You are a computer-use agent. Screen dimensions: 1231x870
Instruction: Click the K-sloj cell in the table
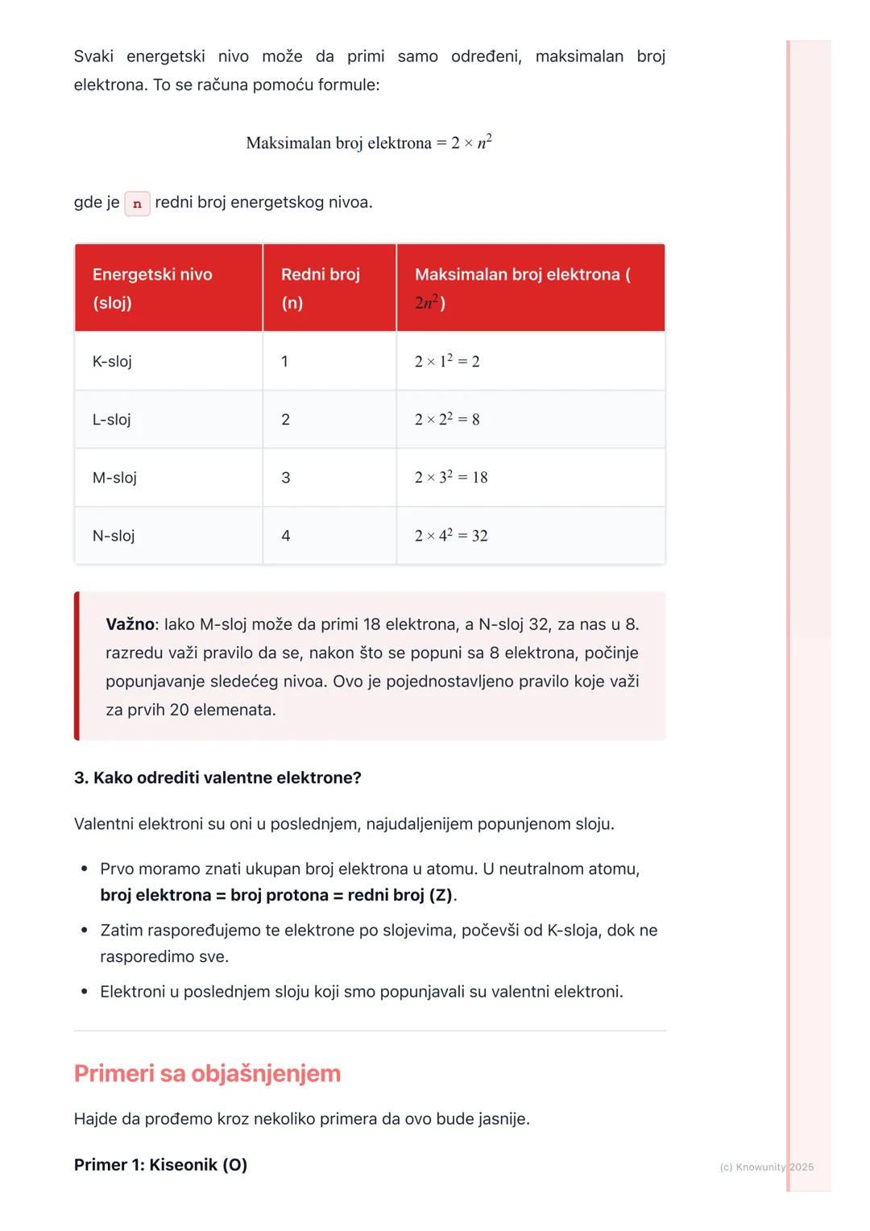tap(112, 362)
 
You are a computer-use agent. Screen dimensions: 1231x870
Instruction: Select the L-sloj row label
tap(111, 420)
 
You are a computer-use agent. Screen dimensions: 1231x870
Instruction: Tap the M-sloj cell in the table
tap(114, 478)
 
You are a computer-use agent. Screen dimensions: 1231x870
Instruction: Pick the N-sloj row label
tap(114, 536)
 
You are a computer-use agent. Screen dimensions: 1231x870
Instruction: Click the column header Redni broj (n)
tap(320, 288)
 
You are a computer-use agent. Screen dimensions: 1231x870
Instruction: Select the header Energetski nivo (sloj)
tap(152, 288)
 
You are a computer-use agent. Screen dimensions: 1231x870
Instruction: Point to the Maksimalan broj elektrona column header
tap(522, 288)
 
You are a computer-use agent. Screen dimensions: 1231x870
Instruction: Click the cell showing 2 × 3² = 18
tap(451, 478)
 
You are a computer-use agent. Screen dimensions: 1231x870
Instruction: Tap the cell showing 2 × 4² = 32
tap(451, 536)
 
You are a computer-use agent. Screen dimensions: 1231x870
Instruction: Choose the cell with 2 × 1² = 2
tap(447, 362)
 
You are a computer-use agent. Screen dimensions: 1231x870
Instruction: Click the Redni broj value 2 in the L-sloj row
tap(285, 420)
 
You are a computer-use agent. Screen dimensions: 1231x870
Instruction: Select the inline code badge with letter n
tap(137, 203)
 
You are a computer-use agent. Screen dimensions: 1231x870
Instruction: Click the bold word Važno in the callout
tap(130, 624)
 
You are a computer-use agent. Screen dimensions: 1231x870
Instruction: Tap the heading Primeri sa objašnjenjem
tap(207, 1073)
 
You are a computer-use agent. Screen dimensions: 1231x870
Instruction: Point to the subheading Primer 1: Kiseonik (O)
tap(160, 1165)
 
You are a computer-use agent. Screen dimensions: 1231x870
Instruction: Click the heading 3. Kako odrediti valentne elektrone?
tap(217, 777)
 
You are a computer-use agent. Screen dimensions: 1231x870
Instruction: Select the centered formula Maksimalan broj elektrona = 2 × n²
tap(369, 143)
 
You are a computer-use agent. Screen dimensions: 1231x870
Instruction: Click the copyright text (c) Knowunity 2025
tap(766, 1167)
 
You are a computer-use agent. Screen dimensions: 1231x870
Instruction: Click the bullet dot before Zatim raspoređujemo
tap(85, 931)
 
